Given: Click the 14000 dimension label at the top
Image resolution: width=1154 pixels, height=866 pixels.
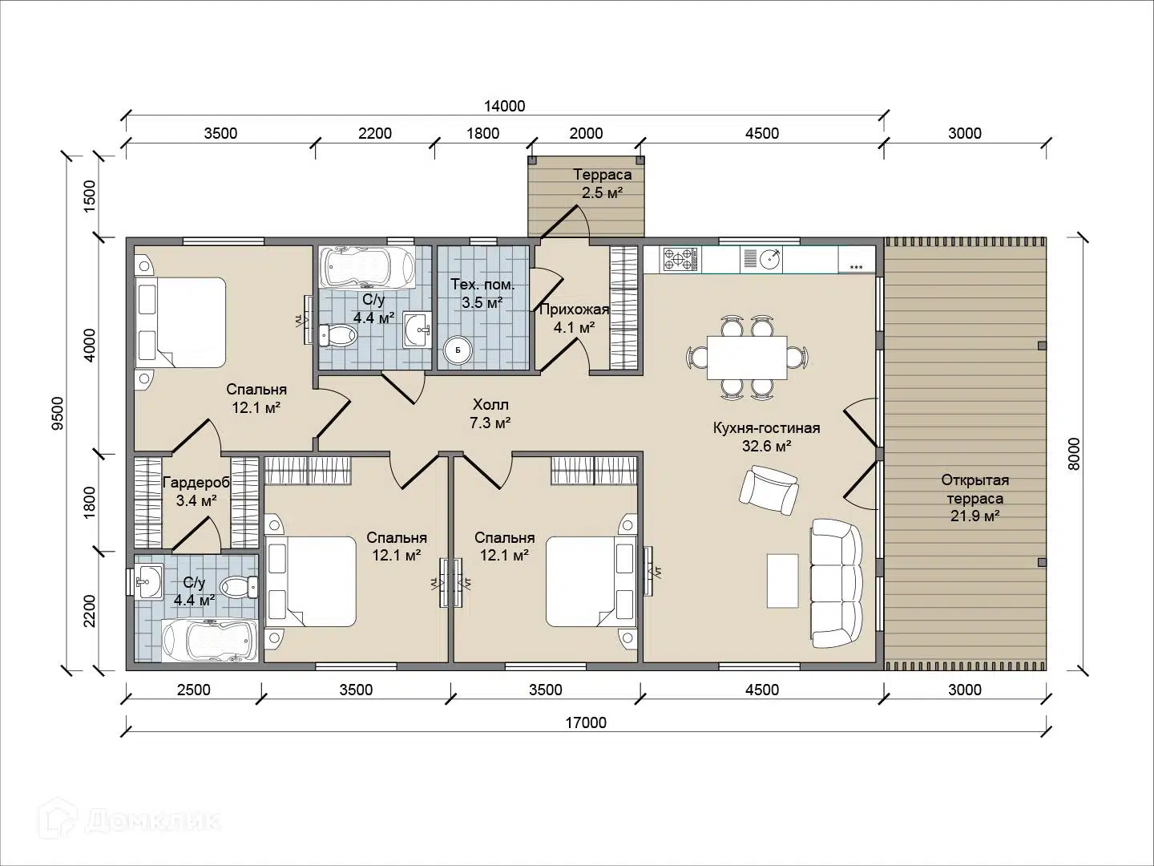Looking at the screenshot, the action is pyautogui.click(x=504, y=106).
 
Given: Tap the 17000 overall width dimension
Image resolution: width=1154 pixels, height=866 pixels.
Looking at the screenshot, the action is pyautogui.click(x=586, y=722).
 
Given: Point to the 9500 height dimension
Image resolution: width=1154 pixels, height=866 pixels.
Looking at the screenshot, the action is pyautogui.click(x=58, y=413).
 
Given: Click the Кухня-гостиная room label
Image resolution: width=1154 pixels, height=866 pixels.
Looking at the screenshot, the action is pyautogui.click(x=767, y=428).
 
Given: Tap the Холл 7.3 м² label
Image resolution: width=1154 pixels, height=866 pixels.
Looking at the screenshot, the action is pyautogui.click(x=490, y=413).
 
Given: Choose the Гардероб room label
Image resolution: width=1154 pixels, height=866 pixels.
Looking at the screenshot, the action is pyautogui.click(x=196, y=482).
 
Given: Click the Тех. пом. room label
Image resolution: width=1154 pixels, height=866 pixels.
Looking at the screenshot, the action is pyautogui.click(x=482, y=285).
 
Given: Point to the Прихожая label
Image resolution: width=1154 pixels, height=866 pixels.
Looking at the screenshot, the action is pyautogui.click(x=574, y=310).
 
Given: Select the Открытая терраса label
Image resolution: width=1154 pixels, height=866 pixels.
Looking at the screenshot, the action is pyautogui.click(x=975, y=489).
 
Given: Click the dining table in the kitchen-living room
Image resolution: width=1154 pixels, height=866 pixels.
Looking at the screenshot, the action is pyautogui.click(x=747, y=358).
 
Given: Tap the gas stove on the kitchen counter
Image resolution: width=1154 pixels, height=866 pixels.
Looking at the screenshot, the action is pyautogui.click(x=680, y=260).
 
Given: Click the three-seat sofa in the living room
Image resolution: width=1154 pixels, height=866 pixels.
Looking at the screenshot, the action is pyautogui.click(x=837, y=583).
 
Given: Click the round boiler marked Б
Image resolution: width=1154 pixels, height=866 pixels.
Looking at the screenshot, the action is pyautogui.click(x=457, y=350).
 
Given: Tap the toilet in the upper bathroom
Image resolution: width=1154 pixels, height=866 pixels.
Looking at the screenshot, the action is pyautogui.click(x=338, y=335).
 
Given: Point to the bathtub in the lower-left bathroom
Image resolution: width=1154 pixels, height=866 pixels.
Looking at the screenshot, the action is pyautogui.click(x=209, y=641).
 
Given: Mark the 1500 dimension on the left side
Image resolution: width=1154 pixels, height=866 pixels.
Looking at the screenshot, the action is pyautogui.click(x=90, y=196).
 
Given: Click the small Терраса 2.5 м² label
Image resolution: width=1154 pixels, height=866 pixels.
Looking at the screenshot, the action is pyautogui.click(x=602, y=184).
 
